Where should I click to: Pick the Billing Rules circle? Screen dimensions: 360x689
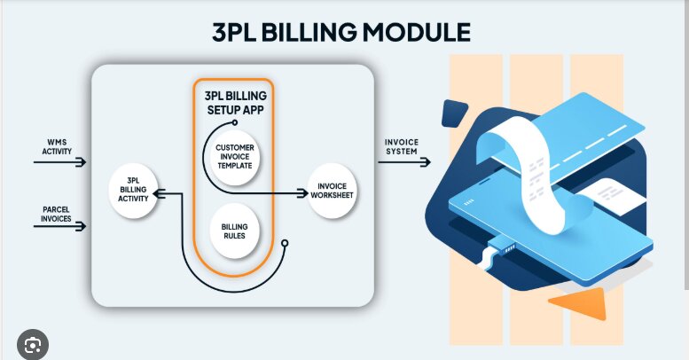(234, 232)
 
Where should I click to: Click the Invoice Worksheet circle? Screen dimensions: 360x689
(333, 191)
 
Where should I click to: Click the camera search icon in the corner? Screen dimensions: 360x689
(32, 343)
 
